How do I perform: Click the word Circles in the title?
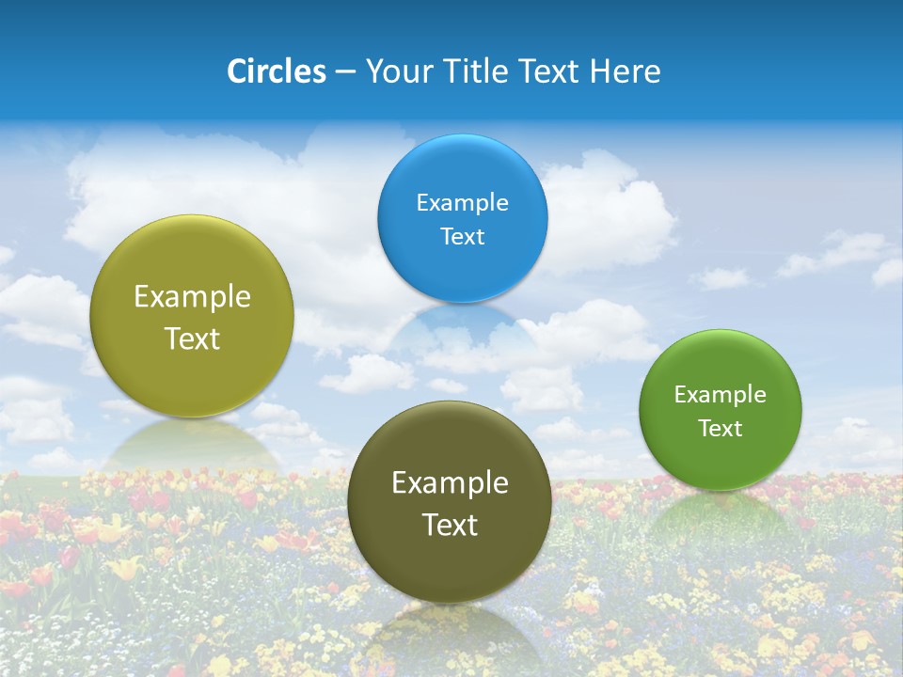tap(277, 71)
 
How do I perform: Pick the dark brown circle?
tap(450, 564)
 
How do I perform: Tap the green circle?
tap(721, 461)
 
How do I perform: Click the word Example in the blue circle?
tap(462, 202)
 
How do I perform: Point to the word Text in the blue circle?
tap(462, 236)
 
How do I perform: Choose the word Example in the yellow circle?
tap(192, 296)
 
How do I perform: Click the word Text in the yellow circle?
tap(192, 338)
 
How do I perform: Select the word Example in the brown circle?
tap(450, 482)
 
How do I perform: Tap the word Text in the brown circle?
tap(450, 525)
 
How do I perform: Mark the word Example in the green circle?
tap(721, 394)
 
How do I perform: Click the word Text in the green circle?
tap(721, 428)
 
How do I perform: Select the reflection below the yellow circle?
tap(192, 442)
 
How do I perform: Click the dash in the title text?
tap(345, 72)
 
